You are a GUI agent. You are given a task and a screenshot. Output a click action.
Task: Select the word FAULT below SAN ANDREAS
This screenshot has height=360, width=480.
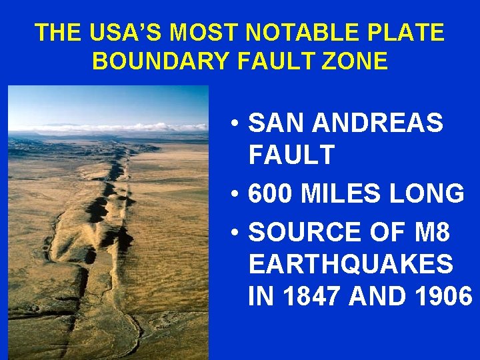pyautogui.click(x=291, y=155)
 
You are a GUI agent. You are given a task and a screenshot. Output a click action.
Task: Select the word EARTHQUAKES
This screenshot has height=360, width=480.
pyautogui.click(x=351, y=263)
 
